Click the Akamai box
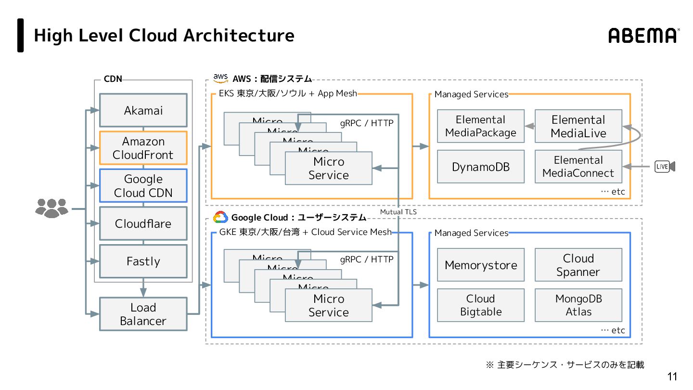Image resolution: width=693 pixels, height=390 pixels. coord(143,110)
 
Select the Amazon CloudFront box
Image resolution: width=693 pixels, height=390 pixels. coord(143,148)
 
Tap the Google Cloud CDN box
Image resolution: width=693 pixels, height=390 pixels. coord(143,185)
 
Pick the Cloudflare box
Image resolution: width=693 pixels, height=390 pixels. coord(143,223)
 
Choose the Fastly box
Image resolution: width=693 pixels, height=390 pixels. coord(143,261)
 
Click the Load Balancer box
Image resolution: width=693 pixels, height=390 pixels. coord(143,314)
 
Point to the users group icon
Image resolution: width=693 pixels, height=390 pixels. coord(52,208)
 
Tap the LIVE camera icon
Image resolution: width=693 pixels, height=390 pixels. coord(665,167)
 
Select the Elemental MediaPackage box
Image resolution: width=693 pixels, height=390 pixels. coord(480,126)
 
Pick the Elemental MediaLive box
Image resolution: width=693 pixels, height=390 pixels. coord(578,126)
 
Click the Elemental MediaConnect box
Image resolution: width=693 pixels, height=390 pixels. coord(578,167)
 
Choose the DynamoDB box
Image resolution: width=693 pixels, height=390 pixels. coord(480,167)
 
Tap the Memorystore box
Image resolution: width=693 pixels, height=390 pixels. coord(480,265)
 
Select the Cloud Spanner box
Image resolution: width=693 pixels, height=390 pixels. coord(578,265)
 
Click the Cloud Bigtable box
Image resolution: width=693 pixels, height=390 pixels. coord(480,305)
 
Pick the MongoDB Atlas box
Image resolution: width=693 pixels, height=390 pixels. coord(578,305)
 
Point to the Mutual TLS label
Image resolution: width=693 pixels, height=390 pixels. coord(398,212)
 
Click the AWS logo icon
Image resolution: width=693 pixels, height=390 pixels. coord(220,78)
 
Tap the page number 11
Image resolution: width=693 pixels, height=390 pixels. coord(672,377)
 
